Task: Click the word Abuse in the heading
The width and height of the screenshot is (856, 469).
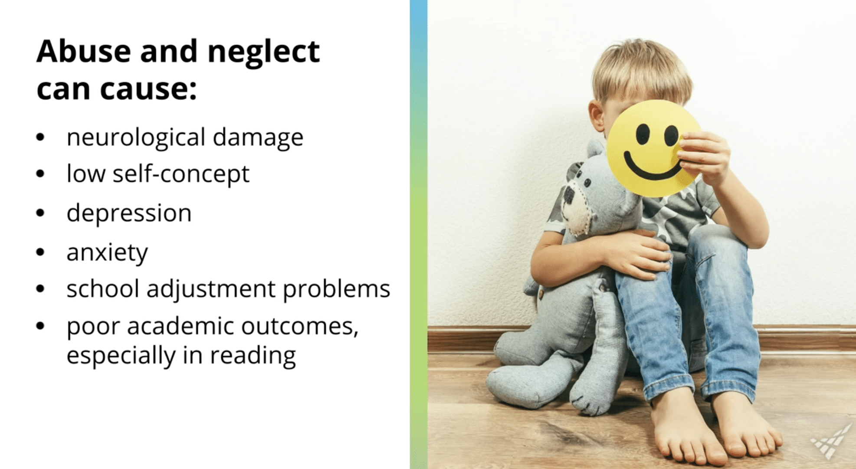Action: (84, 51)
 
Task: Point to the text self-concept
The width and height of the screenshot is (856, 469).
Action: (181, 174)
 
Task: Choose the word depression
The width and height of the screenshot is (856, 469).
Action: (129, 213)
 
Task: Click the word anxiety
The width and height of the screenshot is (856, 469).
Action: (107, 252)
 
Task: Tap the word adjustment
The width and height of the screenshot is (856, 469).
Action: (211, 289)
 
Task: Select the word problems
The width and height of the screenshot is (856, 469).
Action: (337, 289)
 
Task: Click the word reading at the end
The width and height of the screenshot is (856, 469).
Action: (253, 356)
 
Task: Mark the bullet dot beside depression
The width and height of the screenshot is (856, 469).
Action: (40, 213)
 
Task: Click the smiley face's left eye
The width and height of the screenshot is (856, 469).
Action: (643, 134)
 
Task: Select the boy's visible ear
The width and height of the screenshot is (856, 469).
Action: (597, 115)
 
